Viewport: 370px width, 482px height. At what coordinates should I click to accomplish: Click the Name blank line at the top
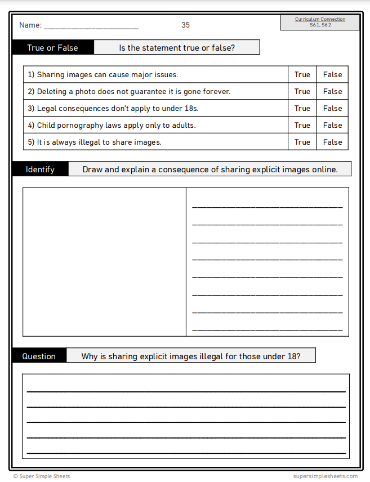coord(91,26)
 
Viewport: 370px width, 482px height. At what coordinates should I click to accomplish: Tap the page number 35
coord(186,25)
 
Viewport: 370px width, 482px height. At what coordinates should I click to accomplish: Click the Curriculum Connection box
coord(320,22)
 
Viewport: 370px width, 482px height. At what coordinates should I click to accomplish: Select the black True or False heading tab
coord(53,48)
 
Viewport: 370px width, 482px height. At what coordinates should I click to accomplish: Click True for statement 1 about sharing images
coord(302,74)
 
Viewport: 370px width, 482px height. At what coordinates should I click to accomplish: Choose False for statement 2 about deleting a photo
coord(332,91)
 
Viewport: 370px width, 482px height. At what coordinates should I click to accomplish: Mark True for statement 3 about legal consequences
coord(302,108)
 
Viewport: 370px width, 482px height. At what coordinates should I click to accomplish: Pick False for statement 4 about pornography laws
coord(332,125)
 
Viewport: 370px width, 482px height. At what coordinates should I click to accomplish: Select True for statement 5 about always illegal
coord(302,142)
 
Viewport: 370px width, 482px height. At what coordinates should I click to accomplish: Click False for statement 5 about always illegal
coord(332,142)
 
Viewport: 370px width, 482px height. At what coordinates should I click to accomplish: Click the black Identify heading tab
coord(41,169)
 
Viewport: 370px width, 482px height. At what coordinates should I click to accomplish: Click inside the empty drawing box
coord(104,262)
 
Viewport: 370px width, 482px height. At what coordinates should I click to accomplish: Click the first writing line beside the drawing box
coord(267,207)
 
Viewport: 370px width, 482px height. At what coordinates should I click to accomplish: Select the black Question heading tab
coord(39,356)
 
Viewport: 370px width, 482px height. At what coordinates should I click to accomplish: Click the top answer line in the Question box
coord(186,390)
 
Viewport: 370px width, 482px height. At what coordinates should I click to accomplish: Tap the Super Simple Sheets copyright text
coord(42,476)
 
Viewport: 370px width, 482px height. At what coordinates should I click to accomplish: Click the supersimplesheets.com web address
coord(325,476)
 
